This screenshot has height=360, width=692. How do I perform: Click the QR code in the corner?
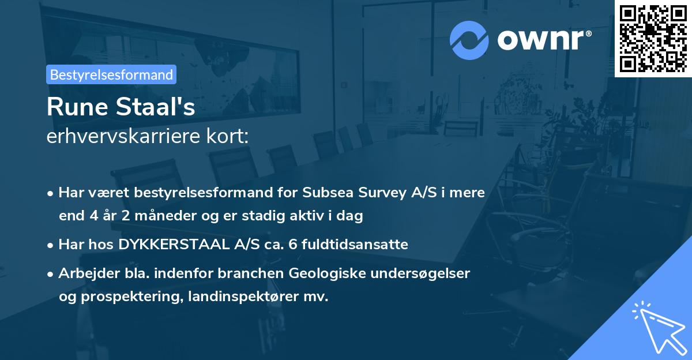(x=653, y=38)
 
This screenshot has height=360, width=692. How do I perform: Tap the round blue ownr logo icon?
(x=469, y=40)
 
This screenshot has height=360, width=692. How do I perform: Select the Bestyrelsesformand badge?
(x=111, y=74)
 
